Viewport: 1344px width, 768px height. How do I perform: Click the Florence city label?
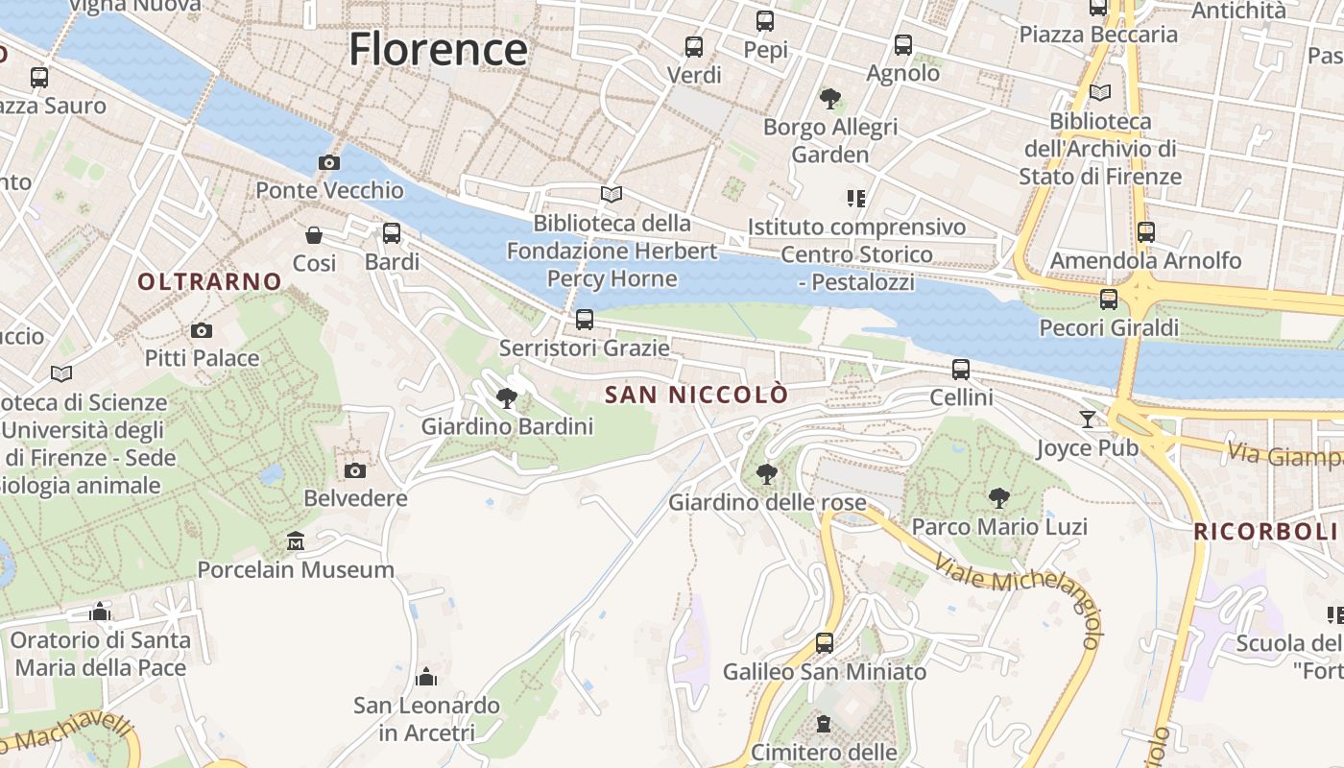coord(438,49)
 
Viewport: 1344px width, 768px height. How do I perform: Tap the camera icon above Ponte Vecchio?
coord(329,162)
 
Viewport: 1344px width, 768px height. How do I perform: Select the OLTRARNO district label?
coord(209,281)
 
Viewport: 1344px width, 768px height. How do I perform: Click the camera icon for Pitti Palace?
coord(202,330)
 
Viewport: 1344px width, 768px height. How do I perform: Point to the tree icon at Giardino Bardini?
coord(507,397)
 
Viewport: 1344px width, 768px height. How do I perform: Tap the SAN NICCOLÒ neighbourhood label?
coord(696,395)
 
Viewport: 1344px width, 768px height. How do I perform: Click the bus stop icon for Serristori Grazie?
coord(584,320)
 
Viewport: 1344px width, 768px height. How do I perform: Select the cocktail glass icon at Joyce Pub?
coord(1087,419)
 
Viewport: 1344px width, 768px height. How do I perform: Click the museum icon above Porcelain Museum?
coord(296,541)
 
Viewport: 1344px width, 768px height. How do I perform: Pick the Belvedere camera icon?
coord(355,470)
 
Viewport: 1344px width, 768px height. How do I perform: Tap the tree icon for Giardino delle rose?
coord(766,473)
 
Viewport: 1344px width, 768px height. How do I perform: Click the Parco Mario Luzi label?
coord(998,526)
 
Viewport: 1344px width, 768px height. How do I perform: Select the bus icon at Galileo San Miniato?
coord(824,643)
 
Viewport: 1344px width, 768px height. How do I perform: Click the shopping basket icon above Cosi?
coord(314,235)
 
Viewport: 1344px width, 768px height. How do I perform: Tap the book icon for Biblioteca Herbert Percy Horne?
coord(612,195)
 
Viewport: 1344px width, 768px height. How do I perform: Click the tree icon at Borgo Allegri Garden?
coord(830,98)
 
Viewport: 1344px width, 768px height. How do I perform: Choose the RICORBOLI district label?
coord(1264,531)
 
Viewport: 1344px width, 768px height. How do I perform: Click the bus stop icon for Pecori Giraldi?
coord(1109,300)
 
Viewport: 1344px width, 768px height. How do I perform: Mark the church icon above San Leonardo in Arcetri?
coord(426,678)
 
